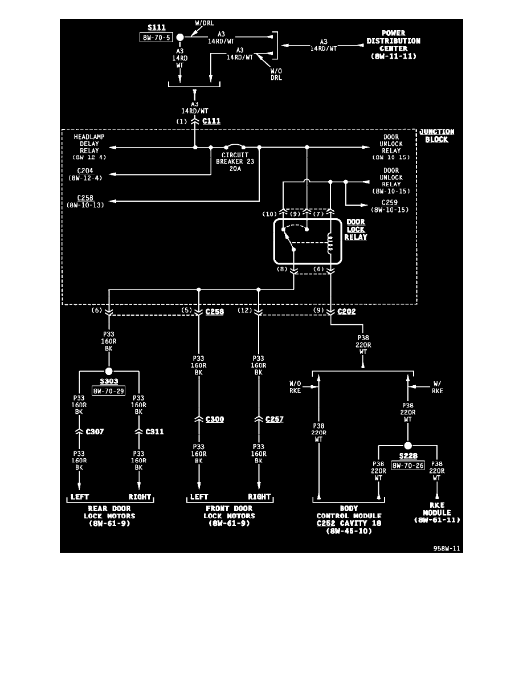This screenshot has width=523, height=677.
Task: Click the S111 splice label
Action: pos(156,27)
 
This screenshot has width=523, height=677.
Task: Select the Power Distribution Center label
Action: pos(393,45)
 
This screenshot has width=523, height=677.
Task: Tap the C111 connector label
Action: pos(211,121)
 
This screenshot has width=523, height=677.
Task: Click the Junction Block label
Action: pos(436,136)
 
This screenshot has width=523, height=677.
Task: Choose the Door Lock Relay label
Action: pos(357,229)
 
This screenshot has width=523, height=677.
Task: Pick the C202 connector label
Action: pos(347,312)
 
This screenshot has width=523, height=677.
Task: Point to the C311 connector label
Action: pos(154,431)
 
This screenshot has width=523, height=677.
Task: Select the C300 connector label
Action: pos(214,419)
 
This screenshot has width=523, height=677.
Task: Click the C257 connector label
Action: pos(274,419)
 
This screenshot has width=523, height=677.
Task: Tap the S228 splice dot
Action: pos(408,446)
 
